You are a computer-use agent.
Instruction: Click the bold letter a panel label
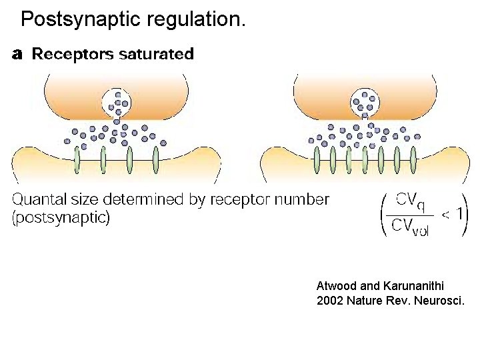pyautogui.click(x=19, y=53)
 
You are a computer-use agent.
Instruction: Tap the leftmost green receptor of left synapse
pyautogui.click(x=78, y=160)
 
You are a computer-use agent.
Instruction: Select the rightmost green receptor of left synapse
pyautogui.click(x=155, y=160)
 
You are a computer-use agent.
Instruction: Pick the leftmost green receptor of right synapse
pyautogui.click(x=317, y=160)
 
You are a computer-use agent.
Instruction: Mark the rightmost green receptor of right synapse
pyautogui.click(x=413, y=160)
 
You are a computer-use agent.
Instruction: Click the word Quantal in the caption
pyautogui.click(x=40, y=199)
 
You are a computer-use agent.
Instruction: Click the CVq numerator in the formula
pyautogui.click(x=411, y=199)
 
